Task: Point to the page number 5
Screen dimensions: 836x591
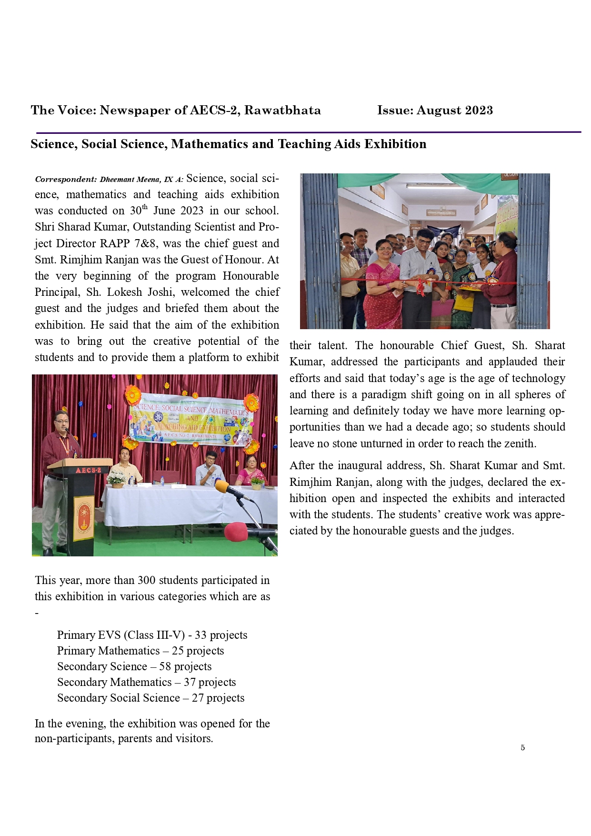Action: (x=522, y=747)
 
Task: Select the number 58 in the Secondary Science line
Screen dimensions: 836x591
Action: (x=165, y=666)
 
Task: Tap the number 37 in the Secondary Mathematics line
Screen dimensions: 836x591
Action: (x=190, y=682)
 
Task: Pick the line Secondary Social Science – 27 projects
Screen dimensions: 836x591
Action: (x=150, y=698)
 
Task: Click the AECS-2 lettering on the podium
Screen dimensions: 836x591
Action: (x=88, y=470)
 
